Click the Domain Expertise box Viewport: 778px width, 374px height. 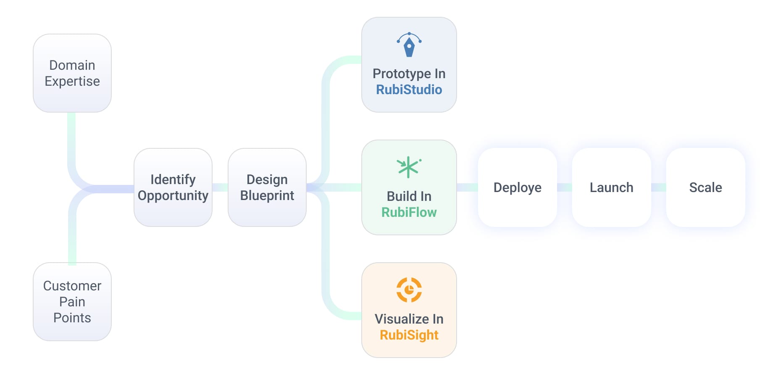point(72,73)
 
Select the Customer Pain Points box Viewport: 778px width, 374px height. point(72,302)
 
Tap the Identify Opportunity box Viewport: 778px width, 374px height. point(173,187)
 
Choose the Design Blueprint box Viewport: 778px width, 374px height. point(267,187)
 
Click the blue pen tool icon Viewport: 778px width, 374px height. point(409,45)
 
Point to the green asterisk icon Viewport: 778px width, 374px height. point(408,167)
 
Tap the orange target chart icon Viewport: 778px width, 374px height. point(409,290)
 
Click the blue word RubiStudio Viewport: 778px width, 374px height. point(409,90)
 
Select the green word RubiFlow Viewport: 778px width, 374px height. point(409,212)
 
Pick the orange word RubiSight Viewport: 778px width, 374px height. point(409,335)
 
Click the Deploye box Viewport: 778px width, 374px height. point(518,187)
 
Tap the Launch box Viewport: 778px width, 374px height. point(612,187)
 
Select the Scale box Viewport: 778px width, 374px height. point(706,187)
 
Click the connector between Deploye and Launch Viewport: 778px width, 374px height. point(565,187)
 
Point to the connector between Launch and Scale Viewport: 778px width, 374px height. point(659,187)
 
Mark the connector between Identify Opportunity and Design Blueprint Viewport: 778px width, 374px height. point(220,187)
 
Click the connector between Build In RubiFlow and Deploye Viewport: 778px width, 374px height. point(467,187)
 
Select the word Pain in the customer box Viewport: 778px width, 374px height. point(72,302)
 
